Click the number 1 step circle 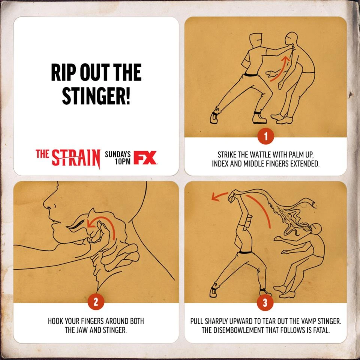pos(265,136)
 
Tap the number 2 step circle pos(96,301)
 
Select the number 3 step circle pos(265,302)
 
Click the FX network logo pos(145,157)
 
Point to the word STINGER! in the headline pos(96,96)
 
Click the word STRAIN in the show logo pos(76,158)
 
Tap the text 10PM pos(123,161)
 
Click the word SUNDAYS pos(118,154)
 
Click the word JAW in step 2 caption pos(83,330)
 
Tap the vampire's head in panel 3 pos(316,229)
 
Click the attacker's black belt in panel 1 pos(250,75)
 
